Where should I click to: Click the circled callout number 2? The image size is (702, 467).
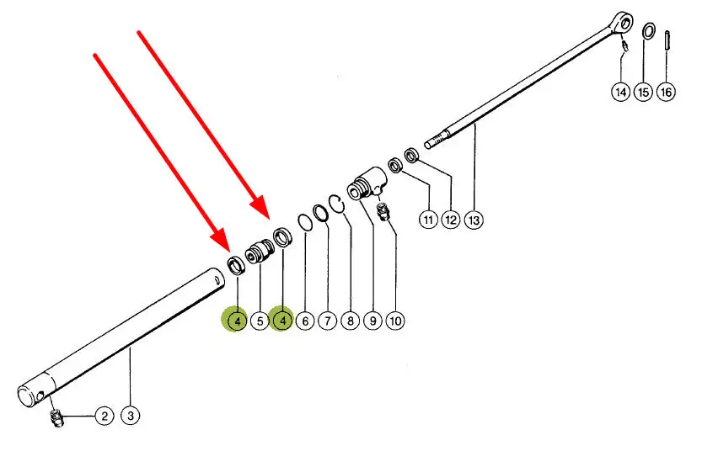[x=104, y=415]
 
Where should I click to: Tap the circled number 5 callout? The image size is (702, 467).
[x=260, y=321]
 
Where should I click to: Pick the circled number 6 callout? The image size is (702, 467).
[x=305, y=321]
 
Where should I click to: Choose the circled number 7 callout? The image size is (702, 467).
[x=327, y=321]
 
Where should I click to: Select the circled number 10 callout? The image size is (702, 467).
[x=395, y=321]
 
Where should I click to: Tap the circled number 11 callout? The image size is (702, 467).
[x=428, y=220]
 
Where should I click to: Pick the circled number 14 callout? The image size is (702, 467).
[x=621, y=92]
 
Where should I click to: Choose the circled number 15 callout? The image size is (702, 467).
[x=644, y=92]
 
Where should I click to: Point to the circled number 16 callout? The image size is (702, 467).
[x=666, y=92]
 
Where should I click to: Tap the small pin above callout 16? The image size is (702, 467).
[x=666, y=40]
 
